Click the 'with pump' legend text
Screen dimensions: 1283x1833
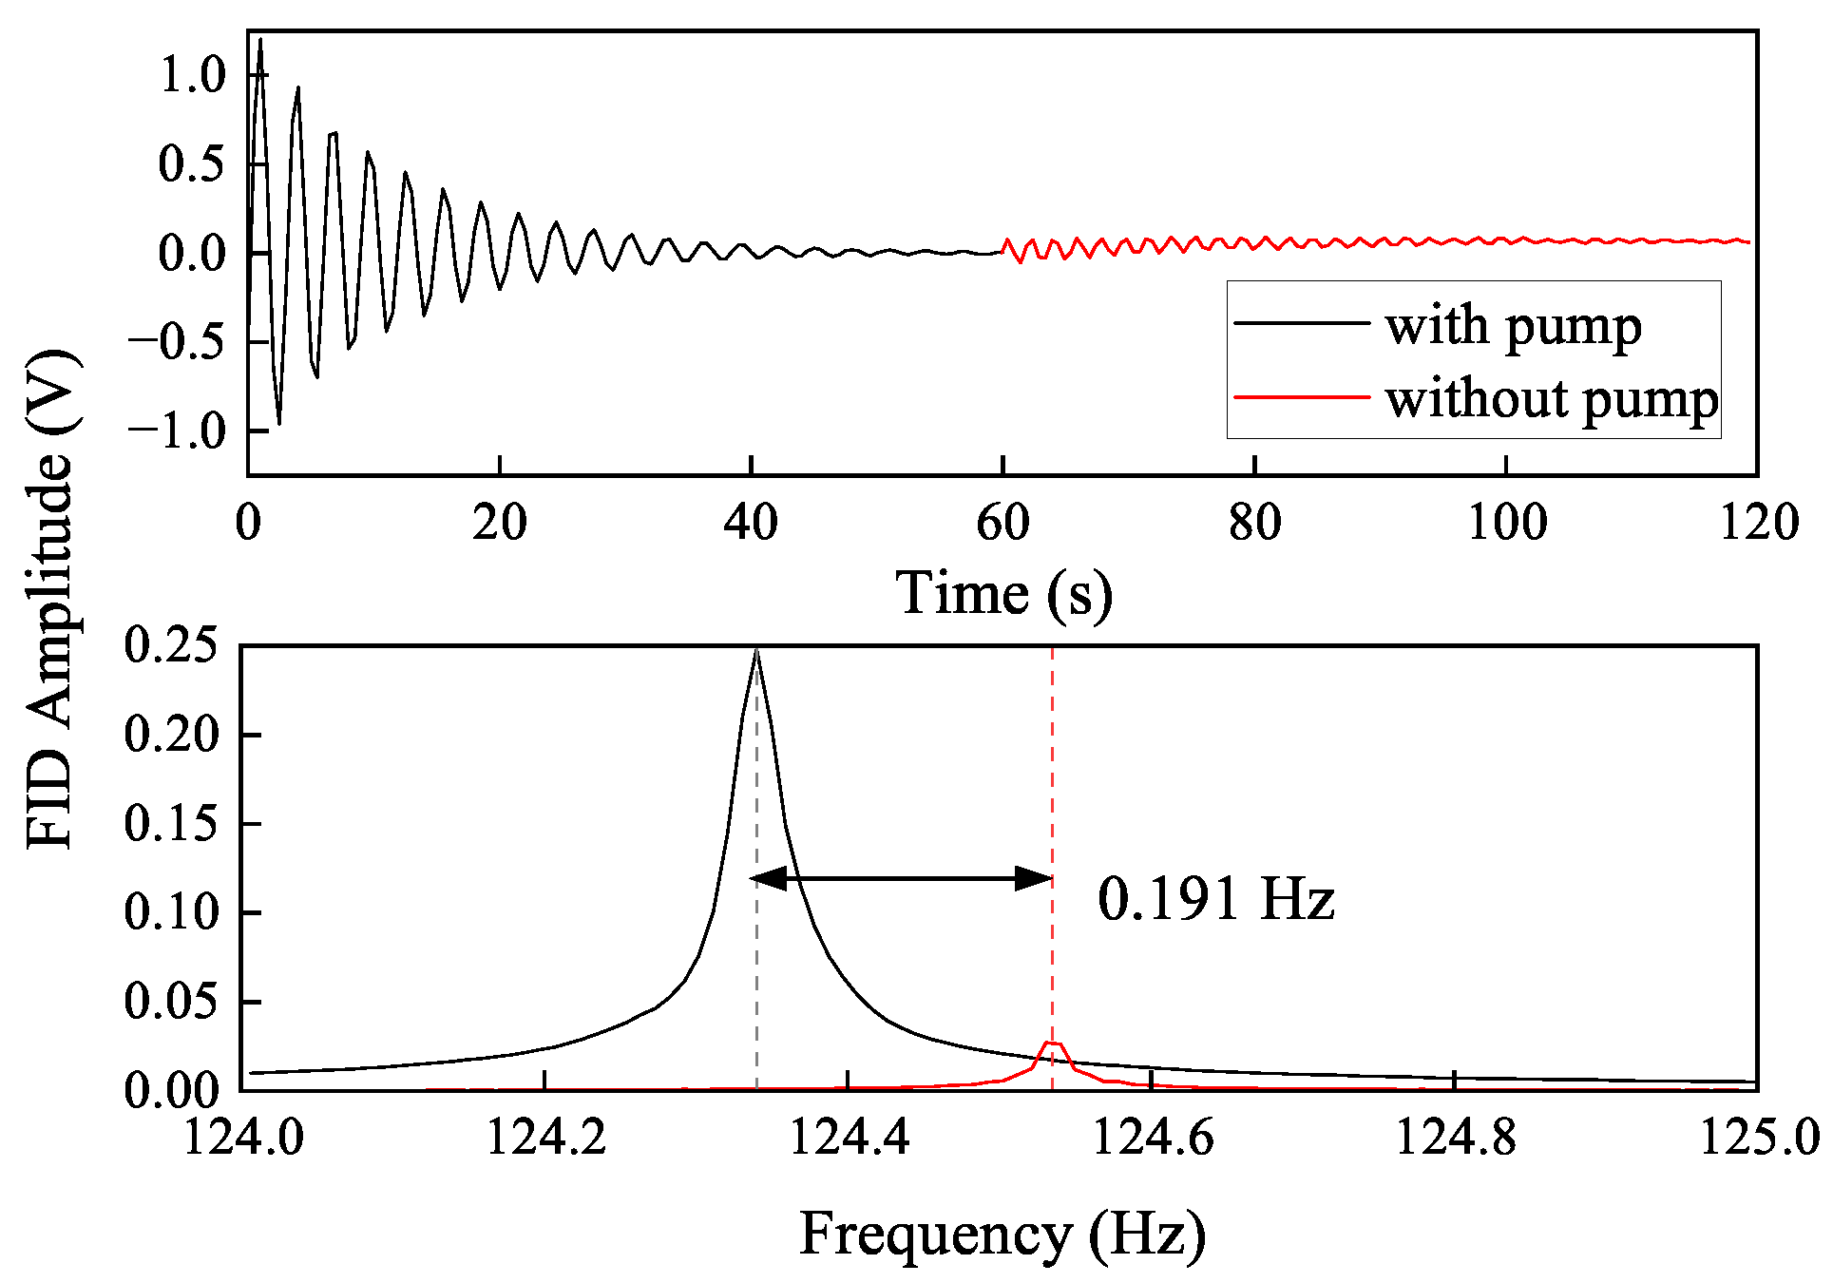[1513, 327]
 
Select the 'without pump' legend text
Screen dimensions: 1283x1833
[1551, 399]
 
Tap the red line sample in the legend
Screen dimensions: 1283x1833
[1301, 396]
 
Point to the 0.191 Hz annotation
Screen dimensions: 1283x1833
[1215, 899]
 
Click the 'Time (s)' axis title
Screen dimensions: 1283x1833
[1003, 594]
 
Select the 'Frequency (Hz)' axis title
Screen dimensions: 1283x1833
[1002, 1235]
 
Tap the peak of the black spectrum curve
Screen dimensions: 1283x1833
[756, 652]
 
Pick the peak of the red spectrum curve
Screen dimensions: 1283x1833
[1052, 1043]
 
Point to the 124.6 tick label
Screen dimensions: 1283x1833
[1152, 1137]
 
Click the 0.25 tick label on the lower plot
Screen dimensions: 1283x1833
[172, 645]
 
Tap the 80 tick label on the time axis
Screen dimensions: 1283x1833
[1254, 523]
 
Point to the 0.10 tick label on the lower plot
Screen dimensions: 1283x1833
[172, 912]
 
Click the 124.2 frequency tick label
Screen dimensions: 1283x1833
[545, 1137]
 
